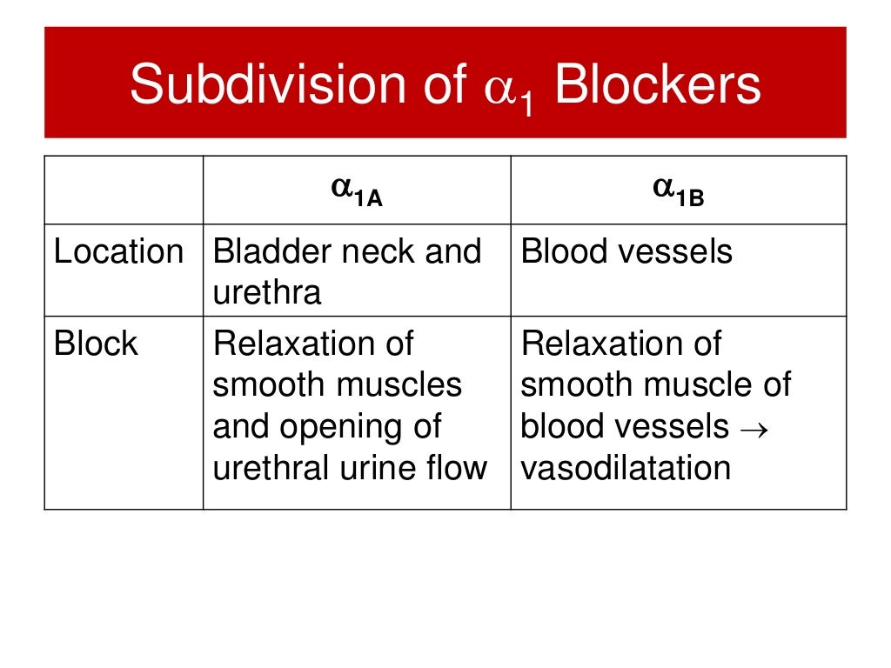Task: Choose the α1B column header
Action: point(679,190)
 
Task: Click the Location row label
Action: point(118,252)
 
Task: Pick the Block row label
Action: point(96,344)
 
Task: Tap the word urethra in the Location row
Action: point(266,293)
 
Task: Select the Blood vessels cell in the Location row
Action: point(626,252)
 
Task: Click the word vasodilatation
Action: point(626,468)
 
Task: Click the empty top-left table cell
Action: point(124,190)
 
